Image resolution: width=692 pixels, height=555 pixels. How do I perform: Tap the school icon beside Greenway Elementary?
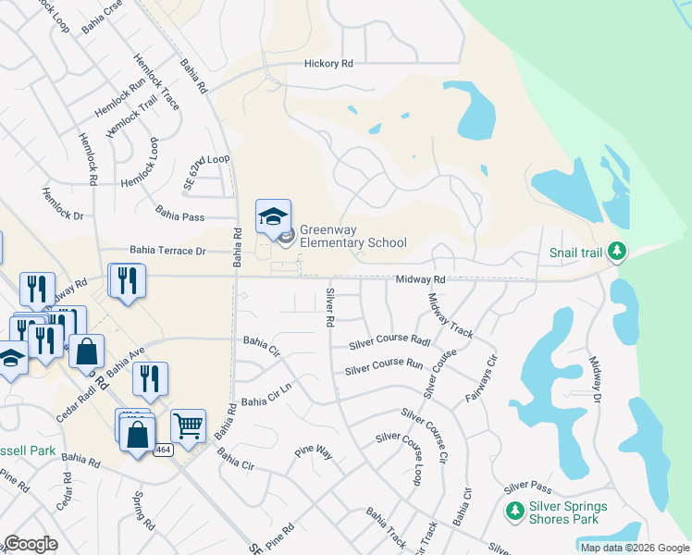[x=273, y=217]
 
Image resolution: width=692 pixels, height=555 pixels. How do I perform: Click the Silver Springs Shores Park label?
[x=568, y=512]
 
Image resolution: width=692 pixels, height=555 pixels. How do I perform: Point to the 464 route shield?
[x=163, y=450]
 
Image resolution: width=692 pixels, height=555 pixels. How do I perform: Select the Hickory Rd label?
[x=329, y=65]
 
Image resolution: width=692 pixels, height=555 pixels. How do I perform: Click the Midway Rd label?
[x=421, y=279]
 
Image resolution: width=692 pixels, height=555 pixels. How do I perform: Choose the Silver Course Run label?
[x=383, y=368]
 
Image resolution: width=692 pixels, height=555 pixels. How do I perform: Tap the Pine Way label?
[x=313, y=452]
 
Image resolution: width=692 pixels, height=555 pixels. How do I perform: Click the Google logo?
[x=31, y=544]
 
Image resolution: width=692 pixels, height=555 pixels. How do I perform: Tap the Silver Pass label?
[x=527, y=487]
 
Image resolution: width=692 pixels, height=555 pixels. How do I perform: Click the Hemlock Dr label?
[x=62, y=205]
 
